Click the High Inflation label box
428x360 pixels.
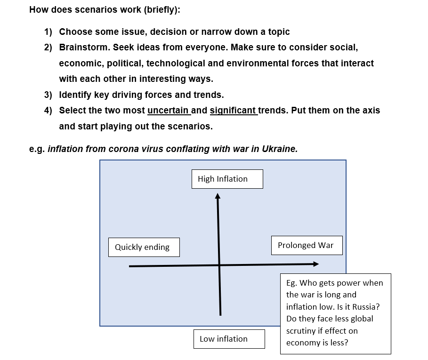pos(227,179)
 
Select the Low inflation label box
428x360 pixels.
pos(229,339)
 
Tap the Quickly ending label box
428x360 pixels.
pos(144,247)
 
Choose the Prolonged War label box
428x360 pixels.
pos(307,245)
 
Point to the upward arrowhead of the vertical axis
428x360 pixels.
pos(218,195)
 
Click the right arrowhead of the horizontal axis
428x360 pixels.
pos(315,264)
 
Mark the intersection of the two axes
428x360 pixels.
pos(219,265)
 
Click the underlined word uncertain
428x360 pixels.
pos(168,111)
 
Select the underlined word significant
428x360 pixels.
pos(233,111)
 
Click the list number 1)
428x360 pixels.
pos(48,32)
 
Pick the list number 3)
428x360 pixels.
pos(48,95)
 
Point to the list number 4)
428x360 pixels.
pos(48,111)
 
